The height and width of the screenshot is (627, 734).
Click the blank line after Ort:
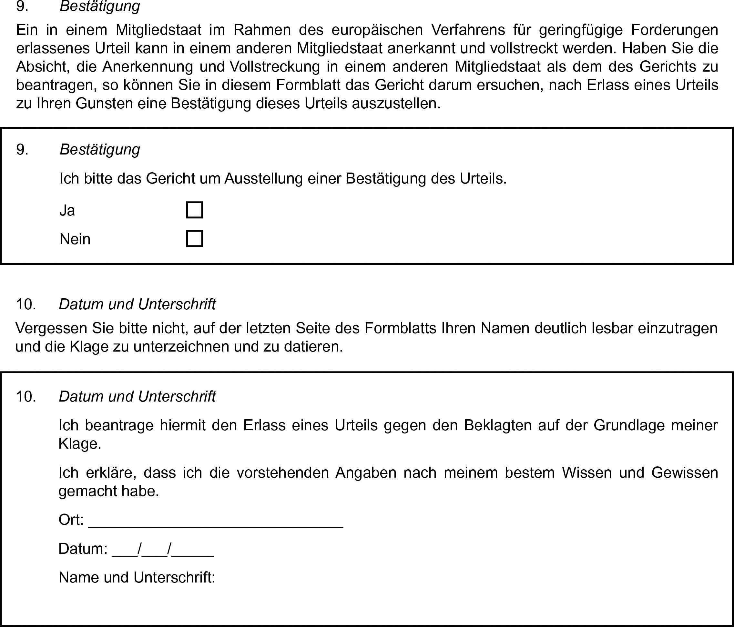(x=215, y=521)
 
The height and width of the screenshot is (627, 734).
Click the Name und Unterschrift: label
(x=137, y=577)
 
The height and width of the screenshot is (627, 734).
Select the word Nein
(x=75, y=239)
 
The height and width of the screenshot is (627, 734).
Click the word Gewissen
(x=684, y=473)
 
